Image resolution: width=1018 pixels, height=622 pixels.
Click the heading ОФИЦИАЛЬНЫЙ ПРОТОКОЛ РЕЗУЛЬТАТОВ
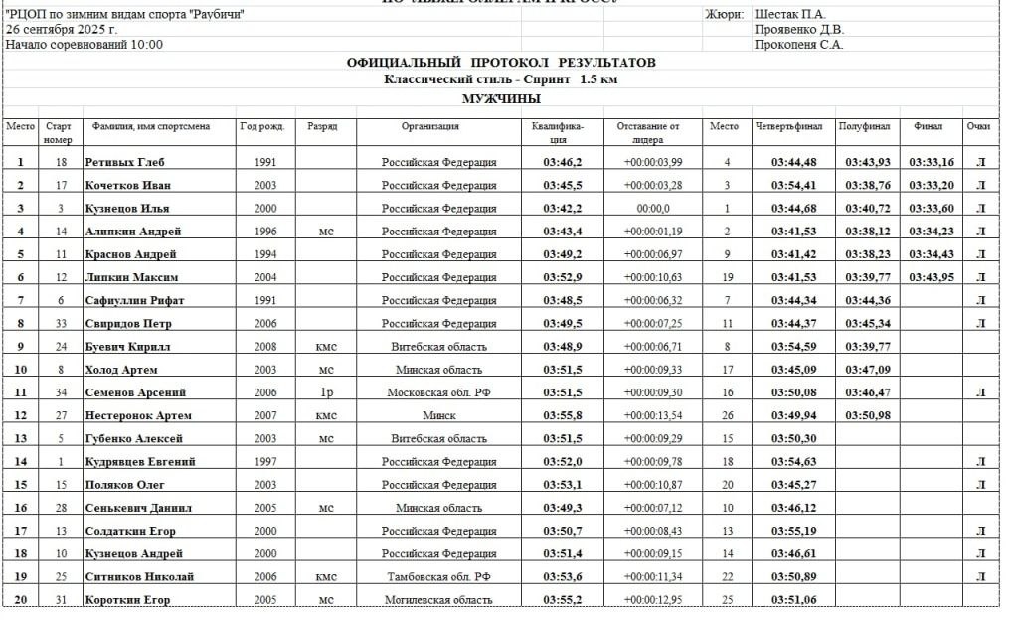pyautogui.click(x=501, y=63)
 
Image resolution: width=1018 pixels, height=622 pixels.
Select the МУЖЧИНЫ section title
pyautogui.click(x=501, y=98)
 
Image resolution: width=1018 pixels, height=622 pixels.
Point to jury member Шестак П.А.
pyautogui.click(x=790, y=14)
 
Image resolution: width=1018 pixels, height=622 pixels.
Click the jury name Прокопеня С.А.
pyautogui.click(x=799, y=44)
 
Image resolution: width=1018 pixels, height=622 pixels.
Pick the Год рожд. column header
pyautogui.click(x=262, y=126)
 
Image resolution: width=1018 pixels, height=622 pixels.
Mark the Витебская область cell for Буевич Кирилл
pyautogui.click(x=438, y=347)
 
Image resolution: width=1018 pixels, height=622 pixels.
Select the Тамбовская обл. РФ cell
pyautogui.click(x=438, y=577)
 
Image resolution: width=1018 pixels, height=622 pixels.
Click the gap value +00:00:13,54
pyautogui.click(x=652, y=415)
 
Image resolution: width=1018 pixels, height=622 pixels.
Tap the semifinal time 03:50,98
pyautogui.click(x=867, y=415)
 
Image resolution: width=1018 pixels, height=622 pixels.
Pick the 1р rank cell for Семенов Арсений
pyautogui.click(x=326, y=392)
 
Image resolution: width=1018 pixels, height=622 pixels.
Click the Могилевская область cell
pyautogui.click(x=438, y=600)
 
